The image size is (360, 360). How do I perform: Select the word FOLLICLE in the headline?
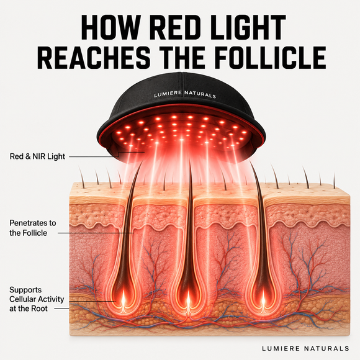(271, 58)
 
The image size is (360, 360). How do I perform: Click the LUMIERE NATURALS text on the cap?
(185, 94)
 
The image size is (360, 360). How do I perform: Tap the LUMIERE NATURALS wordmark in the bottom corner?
(305, 348)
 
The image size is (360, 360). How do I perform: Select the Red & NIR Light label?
(37, 156)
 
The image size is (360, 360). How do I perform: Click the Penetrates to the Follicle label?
(33, 228)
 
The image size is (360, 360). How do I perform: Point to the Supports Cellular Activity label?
(37, 299)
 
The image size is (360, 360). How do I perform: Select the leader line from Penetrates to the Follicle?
(96, 233)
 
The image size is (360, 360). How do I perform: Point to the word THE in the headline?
(182, 58)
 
